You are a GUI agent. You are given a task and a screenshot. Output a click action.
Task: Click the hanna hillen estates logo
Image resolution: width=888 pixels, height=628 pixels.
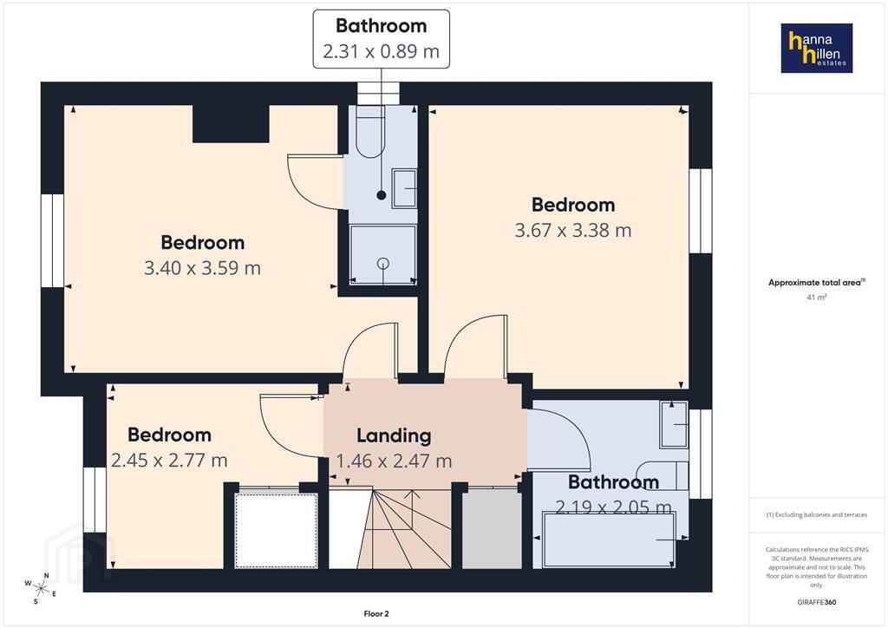tap(817, 48)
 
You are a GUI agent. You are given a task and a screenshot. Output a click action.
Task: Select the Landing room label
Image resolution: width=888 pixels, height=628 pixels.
tap(394, 435)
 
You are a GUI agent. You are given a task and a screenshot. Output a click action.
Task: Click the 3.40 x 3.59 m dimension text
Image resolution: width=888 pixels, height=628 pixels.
tap(202, 268)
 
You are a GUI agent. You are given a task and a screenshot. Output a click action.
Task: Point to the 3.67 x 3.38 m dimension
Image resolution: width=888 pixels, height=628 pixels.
tap(572, 231)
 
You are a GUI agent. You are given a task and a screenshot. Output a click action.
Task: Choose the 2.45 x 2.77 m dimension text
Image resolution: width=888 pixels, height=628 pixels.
tap(169, 461)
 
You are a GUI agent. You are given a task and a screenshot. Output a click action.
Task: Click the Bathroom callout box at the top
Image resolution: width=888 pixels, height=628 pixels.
tap(382, 39)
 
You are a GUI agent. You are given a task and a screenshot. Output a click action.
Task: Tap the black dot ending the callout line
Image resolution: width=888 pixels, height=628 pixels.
tap(382, 195)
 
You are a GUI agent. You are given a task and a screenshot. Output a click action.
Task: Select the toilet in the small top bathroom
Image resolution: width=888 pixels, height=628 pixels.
tap(371, 131)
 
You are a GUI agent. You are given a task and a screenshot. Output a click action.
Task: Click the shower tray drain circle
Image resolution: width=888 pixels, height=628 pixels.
tap(383, 264)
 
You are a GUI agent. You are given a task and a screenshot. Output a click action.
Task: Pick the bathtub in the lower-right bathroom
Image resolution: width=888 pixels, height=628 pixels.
tap(610, 540)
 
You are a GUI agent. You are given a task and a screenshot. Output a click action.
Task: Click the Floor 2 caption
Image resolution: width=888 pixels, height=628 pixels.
tap(376, 614)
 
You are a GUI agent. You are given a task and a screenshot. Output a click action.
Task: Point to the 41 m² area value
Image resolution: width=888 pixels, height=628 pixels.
tap(817, 297)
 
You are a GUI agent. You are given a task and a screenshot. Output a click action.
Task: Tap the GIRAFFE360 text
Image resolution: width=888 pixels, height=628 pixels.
tap(817, 602)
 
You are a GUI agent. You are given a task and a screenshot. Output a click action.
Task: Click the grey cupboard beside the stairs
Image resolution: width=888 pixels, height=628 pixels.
tap(492, 528)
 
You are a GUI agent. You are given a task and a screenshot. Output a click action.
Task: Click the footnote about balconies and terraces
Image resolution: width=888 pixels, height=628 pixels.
tap(817, 514)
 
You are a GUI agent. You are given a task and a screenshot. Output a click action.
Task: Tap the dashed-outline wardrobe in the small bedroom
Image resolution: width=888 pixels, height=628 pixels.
tap(277, 530)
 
